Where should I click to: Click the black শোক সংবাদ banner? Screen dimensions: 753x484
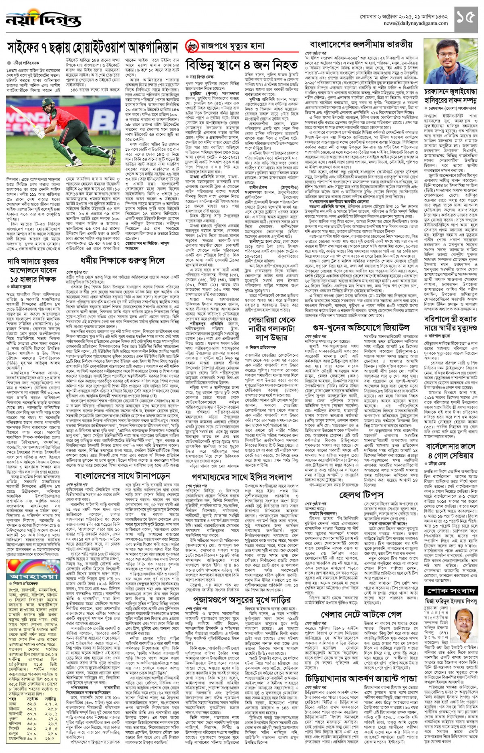tap(451, 591)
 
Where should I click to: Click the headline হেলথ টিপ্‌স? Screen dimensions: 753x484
tap(361, 495)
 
